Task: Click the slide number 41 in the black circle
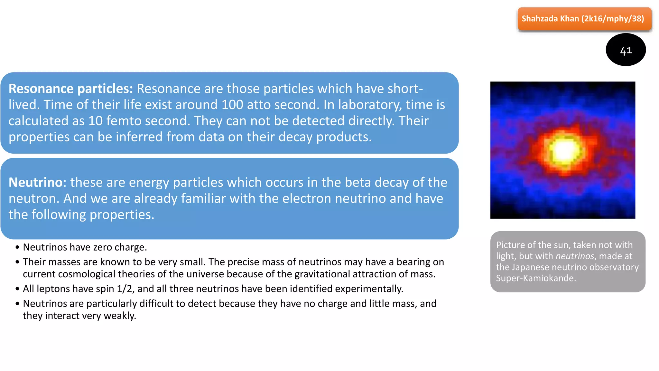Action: (x=626, y=51)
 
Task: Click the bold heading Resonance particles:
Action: (x=71, y=89)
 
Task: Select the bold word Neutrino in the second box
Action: (x=35, y=182)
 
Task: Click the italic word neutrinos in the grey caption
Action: (x=575, y=256)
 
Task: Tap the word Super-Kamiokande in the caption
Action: (x=535, y=278)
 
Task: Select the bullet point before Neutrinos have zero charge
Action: (x=17, y=247)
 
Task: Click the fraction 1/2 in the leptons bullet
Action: (x=125, y=289)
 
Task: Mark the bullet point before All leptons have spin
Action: (x=17, y=289)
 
